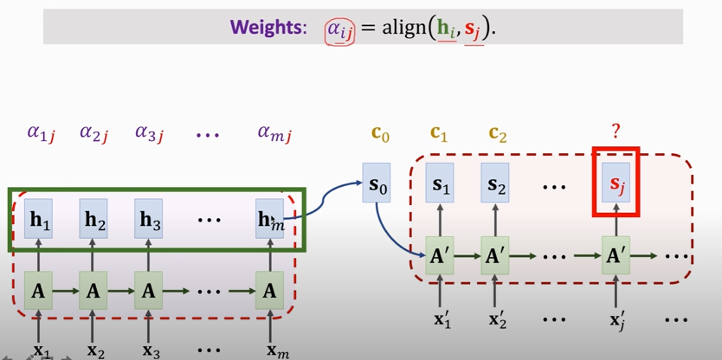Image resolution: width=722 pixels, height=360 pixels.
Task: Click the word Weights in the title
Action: click(x=268, y=28)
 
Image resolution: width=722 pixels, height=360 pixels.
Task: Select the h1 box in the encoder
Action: click(x=40, y=221)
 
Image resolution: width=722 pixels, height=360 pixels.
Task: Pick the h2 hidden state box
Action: click(x=95, y=221)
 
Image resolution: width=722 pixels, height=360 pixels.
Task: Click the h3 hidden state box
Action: click(x=151, y=221)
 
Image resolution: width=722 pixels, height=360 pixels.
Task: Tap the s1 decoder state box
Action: click(x=441, y=185)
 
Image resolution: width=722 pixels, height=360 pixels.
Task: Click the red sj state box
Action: click(x=616, y=184)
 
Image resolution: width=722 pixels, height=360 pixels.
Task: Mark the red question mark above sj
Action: click(x=616, y=131)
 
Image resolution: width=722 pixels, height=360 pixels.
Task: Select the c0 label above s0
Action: click(x=380, y=134)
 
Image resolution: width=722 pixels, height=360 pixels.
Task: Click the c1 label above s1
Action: click(x=440, y=134)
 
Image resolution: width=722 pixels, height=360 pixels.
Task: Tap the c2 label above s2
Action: click(x=497, y=134)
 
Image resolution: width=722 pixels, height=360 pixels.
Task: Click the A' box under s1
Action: click(x=441, y=257)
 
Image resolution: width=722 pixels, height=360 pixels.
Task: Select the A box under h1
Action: click(x=39, y=292)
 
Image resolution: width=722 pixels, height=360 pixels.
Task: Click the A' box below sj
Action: click(x=616, y=257)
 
